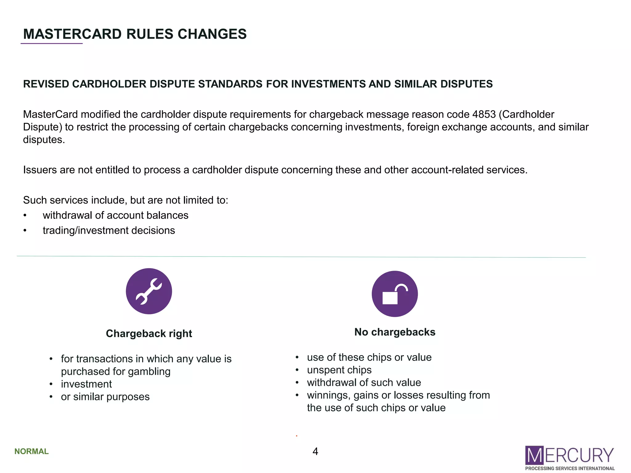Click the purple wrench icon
coord(149,291)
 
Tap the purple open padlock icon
coord(395,294)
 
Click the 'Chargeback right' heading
coord(149,334)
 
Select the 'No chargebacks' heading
coord(395,332)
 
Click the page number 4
coord(315,451)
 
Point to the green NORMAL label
coord(31,451)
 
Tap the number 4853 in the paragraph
coord(484,115)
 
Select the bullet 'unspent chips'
coord(339,370)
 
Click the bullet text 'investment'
coord(86,384)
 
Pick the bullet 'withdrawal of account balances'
coord(116,215)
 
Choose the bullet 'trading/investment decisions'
coord(109,230)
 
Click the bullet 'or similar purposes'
coord(105,397)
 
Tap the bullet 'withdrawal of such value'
coord(364,382)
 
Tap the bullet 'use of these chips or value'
coord(369,357)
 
